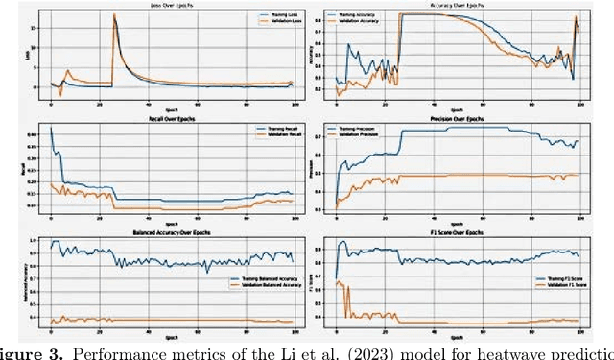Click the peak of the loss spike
click(115, 14)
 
